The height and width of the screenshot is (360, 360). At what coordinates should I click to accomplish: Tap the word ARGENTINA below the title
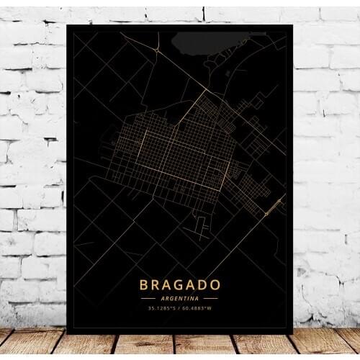click(x=179, y=297)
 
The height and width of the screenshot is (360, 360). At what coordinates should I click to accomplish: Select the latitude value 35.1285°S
click(x=164, y=308)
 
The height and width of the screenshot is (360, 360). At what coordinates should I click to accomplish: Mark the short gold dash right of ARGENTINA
click(x=211, y=297)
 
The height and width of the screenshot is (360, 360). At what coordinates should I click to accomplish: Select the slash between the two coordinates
click(x=181, y=308)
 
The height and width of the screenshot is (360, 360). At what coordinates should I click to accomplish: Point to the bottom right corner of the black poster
click(x=292, y=333)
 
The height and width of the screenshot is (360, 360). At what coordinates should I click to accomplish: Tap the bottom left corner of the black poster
click(x=66, y=333)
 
